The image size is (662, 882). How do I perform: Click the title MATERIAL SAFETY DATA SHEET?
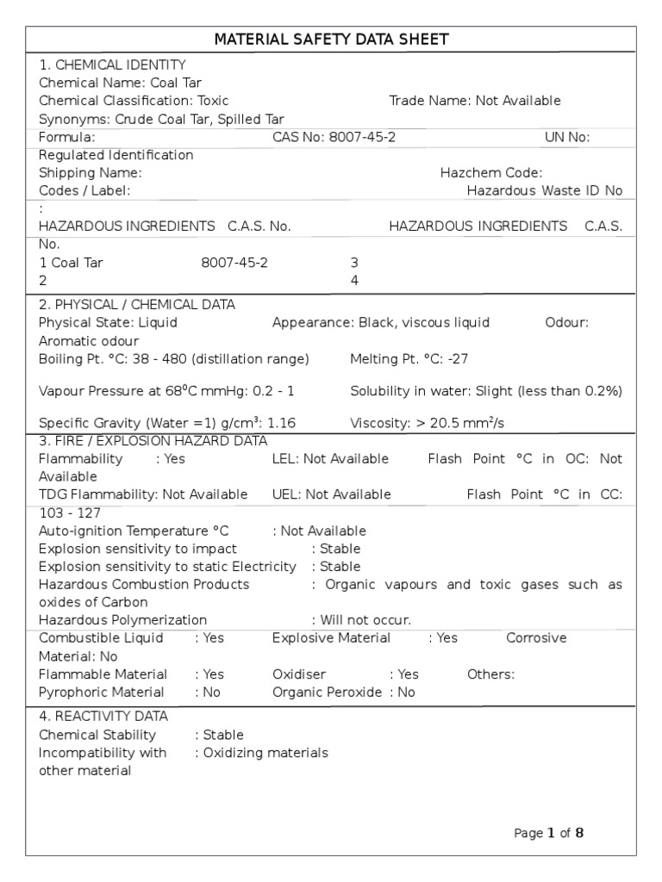[x=331, y=40]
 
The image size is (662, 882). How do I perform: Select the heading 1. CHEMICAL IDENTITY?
[x=112, y=65]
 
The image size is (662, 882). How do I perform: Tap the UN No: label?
[x=566, y=137]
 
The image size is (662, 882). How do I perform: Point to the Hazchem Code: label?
[x=490, y=173]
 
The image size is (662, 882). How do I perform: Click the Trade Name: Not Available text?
[x=474, y=101]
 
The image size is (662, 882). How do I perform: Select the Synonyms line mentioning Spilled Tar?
[x=161, y=119]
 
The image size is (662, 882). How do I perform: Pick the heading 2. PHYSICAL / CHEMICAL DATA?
[x=136, y=305]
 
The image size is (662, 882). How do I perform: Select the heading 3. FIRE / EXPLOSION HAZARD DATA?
[x=153, y=441]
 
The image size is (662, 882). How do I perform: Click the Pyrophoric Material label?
[x=102, y=693]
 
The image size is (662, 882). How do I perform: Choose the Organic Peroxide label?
[x=328, y=693]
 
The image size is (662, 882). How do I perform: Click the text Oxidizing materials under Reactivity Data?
[x=265, y=753]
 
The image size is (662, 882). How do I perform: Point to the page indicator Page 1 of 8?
[x=548, y=833]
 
